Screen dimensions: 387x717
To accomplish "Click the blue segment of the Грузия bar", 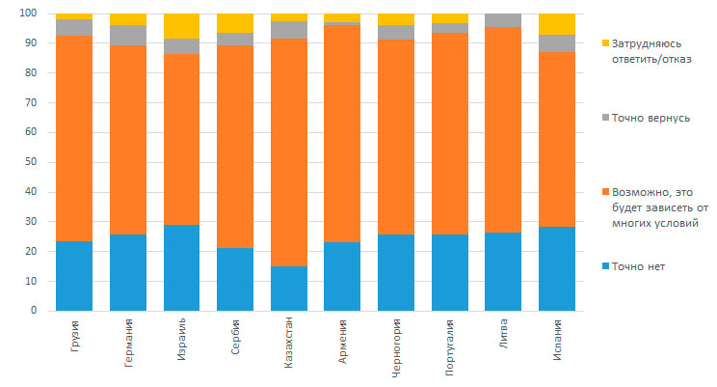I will [x=74, y=276].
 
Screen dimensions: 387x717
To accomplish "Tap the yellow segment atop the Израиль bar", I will [x=181, y=26].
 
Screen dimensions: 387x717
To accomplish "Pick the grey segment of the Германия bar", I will [x=128, y=35].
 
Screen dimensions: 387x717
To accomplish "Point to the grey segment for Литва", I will [x=503, y=20].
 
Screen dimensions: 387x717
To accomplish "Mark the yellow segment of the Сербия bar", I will [x=235, y=23].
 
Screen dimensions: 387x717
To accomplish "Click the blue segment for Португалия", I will [x=449, y=272].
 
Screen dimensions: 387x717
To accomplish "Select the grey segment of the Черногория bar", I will [x=395, y=32].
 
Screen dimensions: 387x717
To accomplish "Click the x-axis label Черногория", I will [x=397, y=355].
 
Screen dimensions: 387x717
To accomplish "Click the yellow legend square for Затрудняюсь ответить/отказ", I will [x=604, y=44].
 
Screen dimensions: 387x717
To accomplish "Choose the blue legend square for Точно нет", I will [x=604, y=266].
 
